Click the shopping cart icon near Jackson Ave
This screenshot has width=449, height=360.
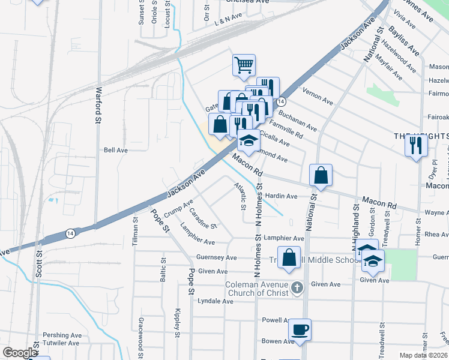244,65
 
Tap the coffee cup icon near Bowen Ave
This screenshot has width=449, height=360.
300,329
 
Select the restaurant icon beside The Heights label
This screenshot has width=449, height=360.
415,145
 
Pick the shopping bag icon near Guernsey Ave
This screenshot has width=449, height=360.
289,257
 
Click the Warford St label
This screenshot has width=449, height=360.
98,106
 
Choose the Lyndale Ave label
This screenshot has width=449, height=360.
215,301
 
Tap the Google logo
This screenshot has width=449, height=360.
20,353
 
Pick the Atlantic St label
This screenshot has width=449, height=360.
241,196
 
